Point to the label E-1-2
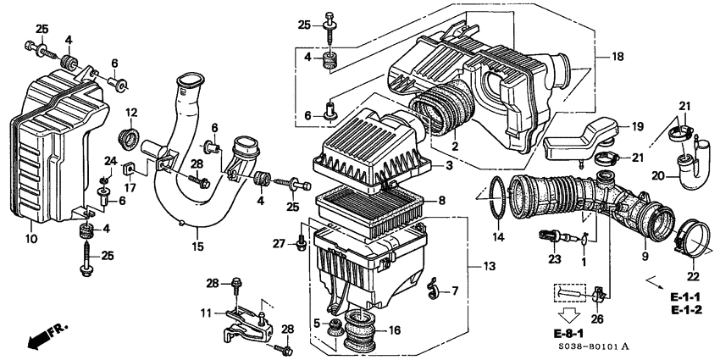click(x=686, y=311)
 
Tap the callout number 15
click(x=198, y=247)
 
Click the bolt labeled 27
click(x=301, y=244)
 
